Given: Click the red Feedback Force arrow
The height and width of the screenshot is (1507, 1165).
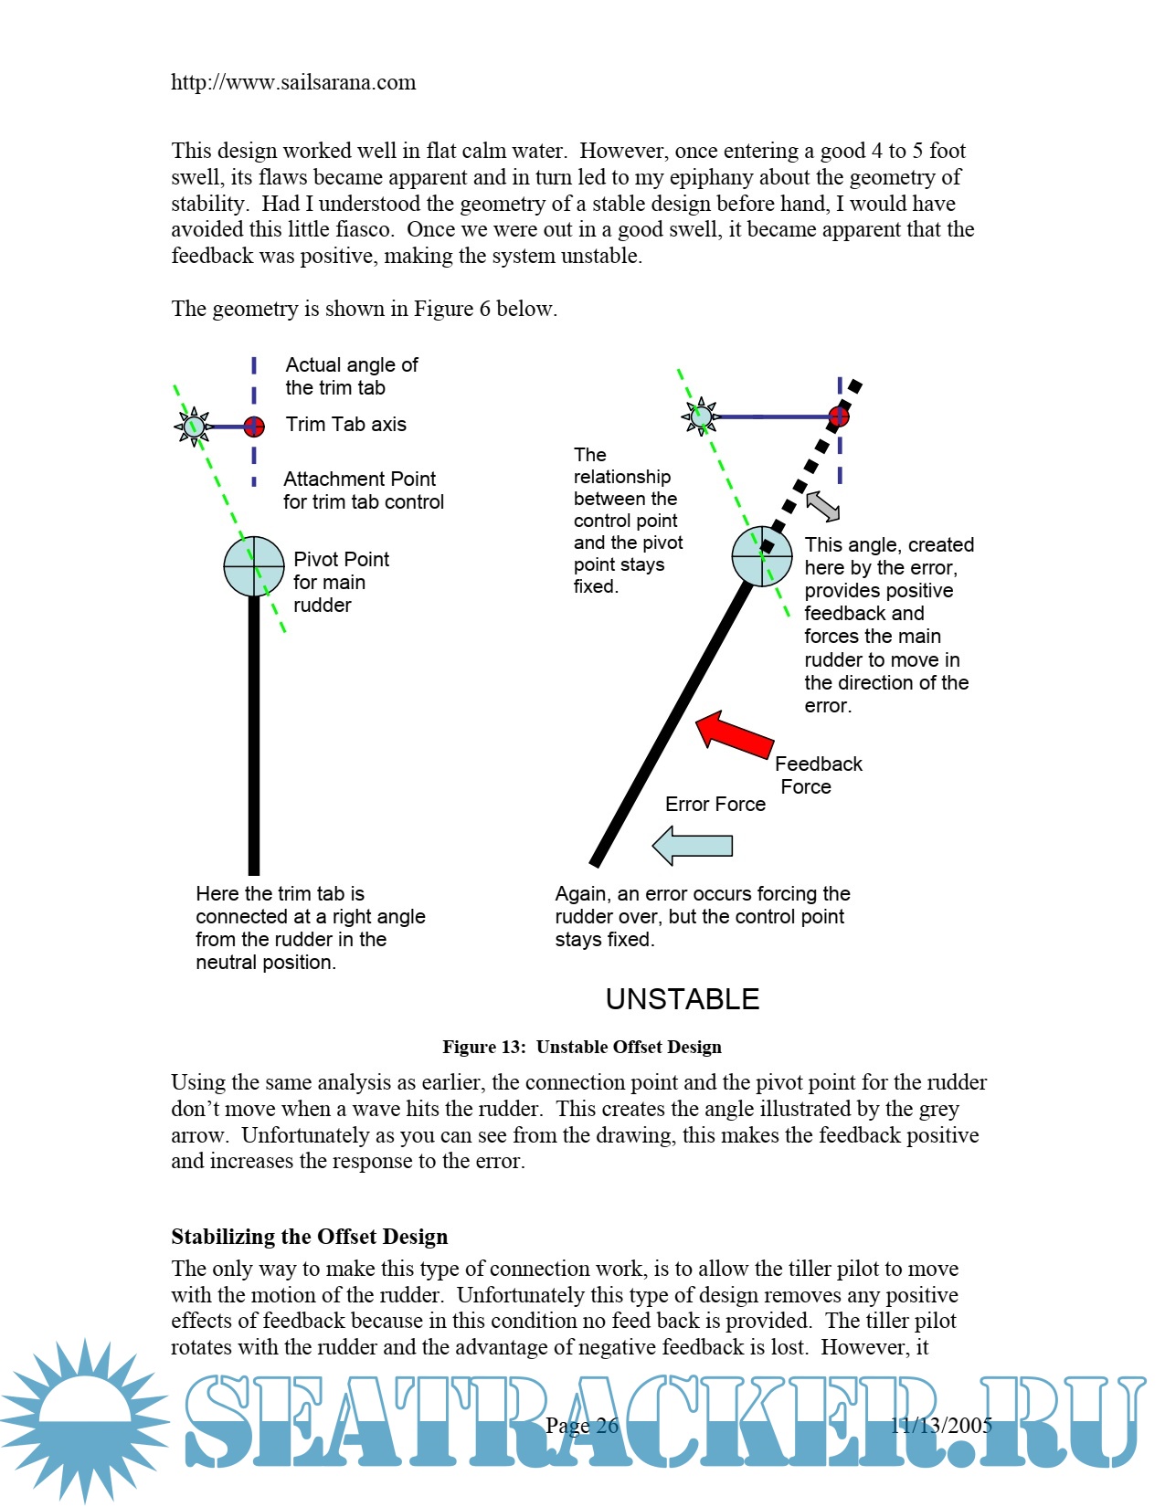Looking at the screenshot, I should click(x=736, y=736).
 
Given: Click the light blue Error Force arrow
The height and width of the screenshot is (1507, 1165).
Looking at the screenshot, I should click(x=694, y=846).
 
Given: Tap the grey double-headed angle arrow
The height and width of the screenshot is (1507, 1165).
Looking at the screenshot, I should click(x=822, y=505).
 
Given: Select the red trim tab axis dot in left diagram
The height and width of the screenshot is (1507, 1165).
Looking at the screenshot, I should click(x=254, y=427).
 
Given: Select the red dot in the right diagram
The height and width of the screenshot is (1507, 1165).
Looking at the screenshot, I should click(x=839, y=416).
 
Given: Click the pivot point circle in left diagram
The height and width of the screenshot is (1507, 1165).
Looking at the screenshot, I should click(x=254, y=566).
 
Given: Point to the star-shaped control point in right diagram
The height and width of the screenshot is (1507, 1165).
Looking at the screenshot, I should click(x=701, y=416).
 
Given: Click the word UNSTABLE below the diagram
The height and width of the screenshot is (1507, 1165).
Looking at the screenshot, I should click(x=683, y=999).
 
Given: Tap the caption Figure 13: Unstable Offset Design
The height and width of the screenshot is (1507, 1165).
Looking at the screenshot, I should click(x=582, y=1047).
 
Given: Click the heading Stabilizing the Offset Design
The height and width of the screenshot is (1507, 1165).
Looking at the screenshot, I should click(x=310, y=1237).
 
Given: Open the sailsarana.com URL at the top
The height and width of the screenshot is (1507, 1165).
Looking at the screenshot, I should click(x=293, y=82).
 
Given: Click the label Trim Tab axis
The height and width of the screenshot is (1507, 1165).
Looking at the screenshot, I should click(x=345, y=424).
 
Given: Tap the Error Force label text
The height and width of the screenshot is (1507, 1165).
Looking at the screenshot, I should click(x=715, y=805).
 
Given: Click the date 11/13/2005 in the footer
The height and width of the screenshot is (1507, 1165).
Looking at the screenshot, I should click(x=941, y=1425).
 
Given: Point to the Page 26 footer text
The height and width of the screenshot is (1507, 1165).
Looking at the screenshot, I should click(x=582, y=1425).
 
